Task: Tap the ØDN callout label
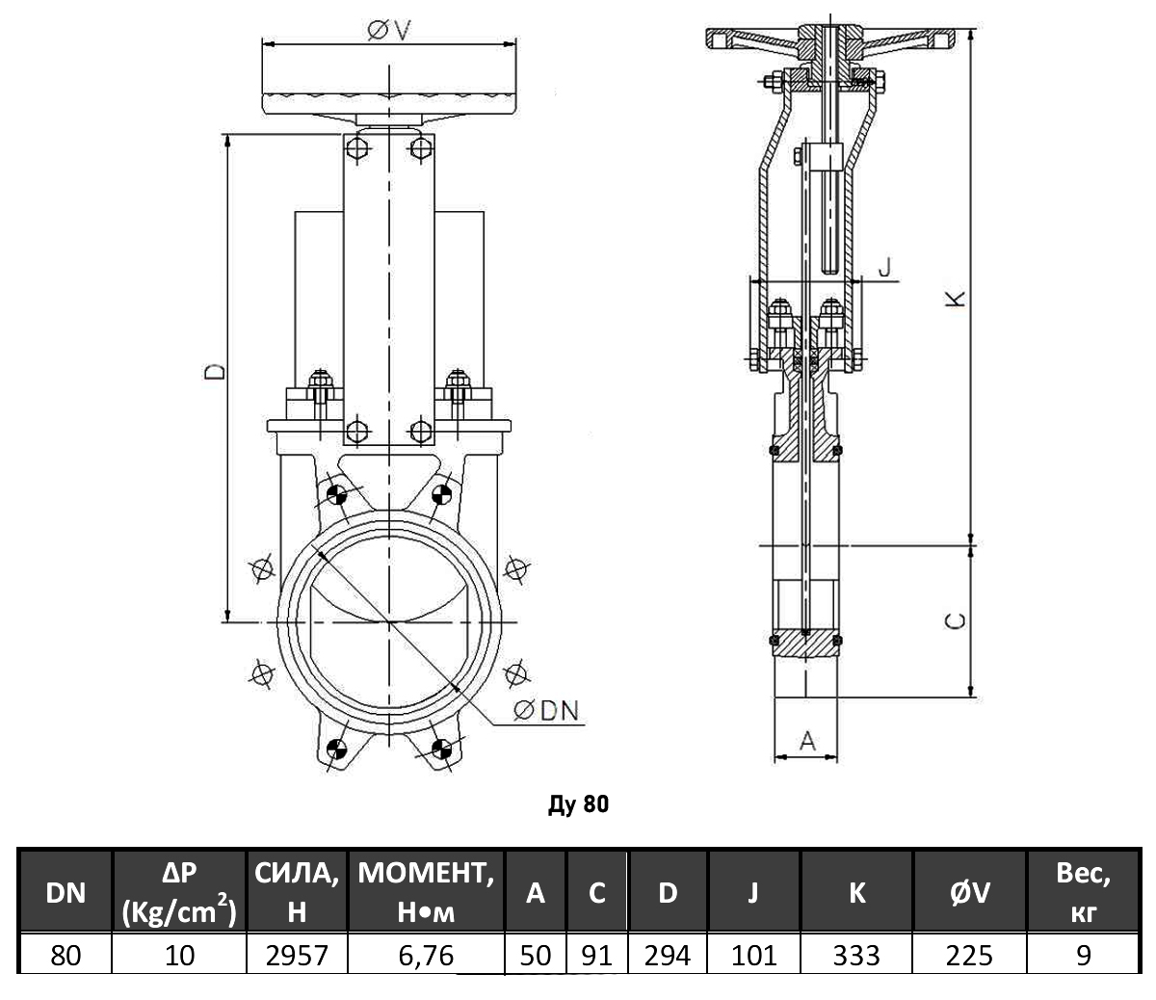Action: point(545,711)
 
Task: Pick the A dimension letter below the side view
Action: point(807,740)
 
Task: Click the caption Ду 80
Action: point(578,803)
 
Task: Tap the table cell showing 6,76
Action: point(425,954)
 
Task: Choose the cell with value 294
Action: point(668,954)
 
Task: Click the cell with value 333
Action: point(856,954)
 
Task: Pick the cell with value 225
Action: point(969,954)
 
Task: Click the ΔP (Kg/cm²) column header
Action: point(179,892)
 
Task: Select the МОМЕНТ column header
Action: point(425,892)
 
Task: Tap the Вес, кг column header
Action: point(1084,892)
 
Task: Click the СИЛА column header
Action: point(296,892)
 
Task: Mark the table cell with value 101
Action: point(754,954)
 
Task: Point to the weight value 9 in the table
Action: point(1084,954)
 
